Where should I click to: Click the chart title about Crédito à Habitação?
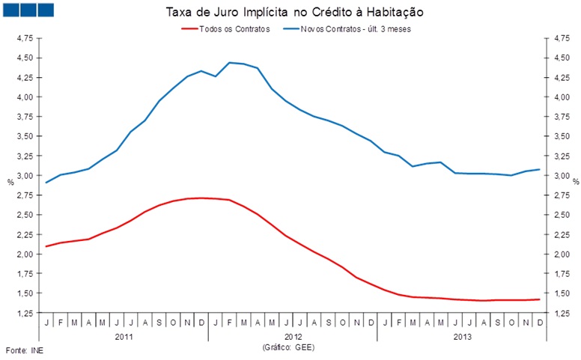(x=291, y=13)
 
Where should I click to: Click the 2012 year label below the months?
(x=293, y=337)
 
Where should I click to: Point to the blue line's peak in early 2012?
(x=230, y=63)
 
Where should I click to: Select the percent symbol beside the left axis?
(x=10, y=182)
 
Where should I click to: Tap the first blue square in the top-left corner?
(x=10, y=10)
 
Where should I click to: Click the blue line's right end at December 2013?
(x=539, y=169)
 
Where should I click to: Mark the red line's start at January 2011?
(x=46, y=246)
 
